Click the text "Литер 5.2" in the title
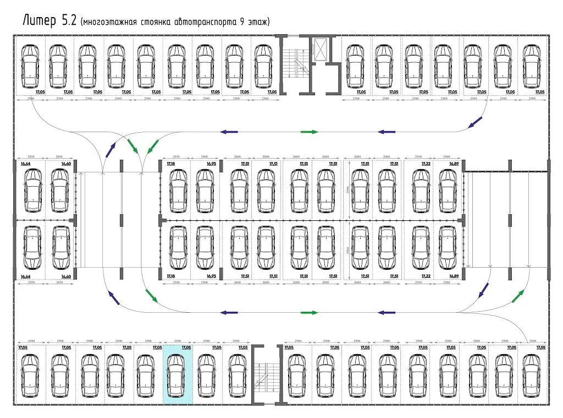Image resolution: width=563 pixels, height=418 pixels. [48, 20]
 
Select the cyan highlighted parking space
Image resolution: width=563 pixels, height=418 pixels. [178, 374]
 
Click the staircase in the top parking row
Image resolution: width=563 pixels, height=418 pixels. [296, 63]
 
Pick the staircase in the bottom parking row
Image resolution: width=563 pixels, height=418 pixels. [267, 374]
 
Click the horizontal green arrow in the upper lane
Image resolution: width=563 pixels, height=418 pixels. [309, 132]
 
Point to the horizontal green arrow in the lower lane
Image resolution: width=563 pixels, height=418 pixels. [309, 312]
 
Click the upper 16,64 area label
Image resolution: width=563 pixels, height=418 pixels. [25, 164]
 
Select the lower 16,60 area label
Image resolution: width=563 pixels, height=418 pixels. [65, 276]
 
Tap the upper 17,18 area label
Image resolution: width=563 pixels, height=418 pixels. [170, 164]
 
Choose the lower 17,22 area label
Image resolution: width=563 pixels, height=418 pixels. [426, 276]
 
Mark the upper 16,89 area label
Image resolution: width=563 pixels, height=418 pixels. [454, 164]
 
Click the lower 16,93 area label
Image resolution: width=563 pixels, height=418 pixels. [212, 276]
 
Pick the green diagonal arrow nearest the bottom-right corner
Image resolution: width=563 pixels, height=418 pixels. [517, 296]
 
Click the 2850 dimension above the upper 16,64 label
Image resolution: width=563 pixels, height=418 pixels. [25, 157]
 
